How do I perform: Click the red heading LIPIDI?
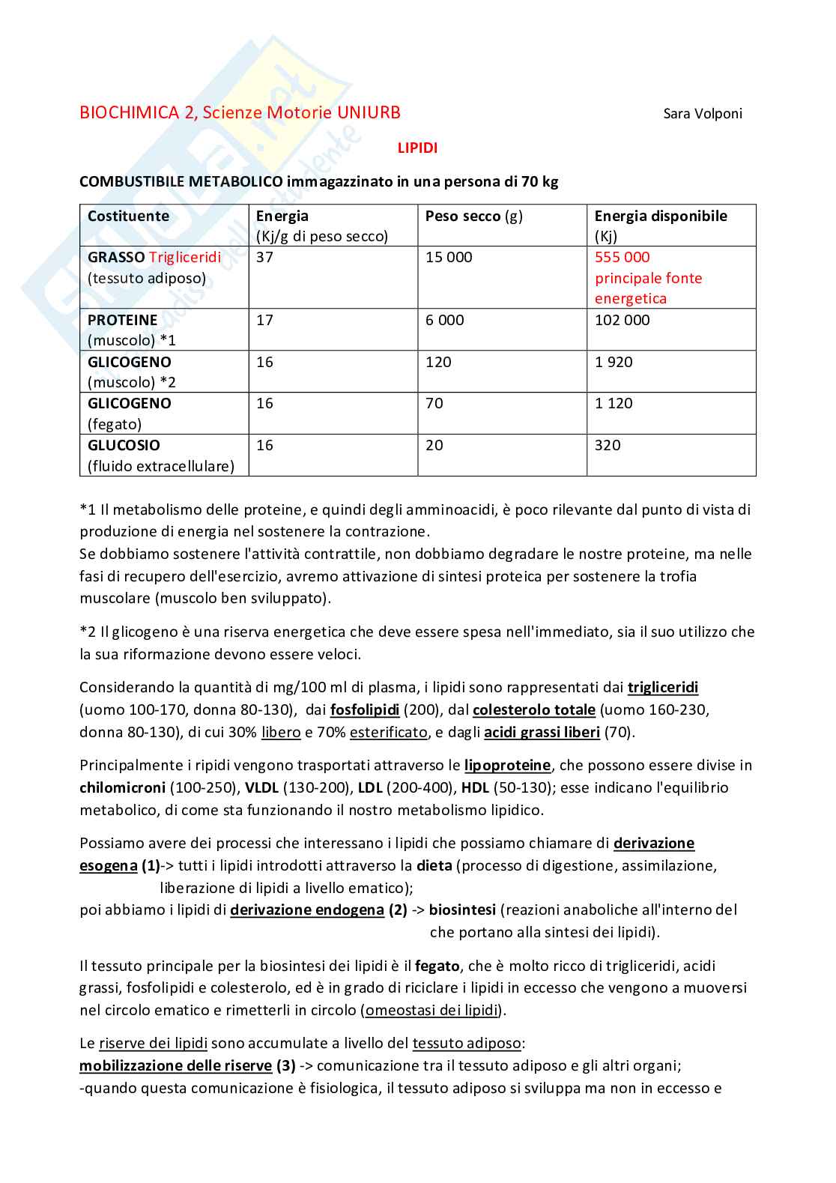pos(417,148)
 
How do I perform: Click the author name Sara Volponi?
pos(703,114)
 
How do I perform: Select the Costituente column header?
pos(128,216)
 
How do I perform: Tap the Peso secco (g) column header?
pos(473,216)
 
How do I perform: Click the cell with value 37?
pos(264,257)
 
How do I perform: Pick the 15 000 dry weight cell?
pos(449,257)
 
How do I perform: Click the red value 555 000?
pos(622,257)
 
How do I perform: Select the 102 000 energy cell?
pos(622,320)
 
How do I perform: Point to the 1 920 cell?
pos(614,362)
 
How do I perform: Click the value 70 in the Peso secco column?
pos(434,403)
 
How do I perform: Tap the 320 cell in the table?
pos(608,445)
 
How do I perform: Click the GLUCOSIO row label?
pos(124,445)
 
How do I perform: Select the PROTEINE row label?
pos(122,320)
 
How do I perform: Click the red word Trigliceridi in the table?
pos(185,257)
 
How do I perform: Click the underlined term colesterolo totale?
pos(533,710)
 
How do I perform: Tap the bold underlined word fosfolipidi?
pos(365,710)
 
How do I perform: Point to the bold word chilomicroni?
pos(122,787)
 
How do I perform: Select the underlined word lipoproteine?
pos(507,765)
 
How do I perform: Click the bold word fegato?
pos(437,966)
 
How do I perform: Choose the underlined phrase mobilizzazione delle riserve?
pos(175,1065)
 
